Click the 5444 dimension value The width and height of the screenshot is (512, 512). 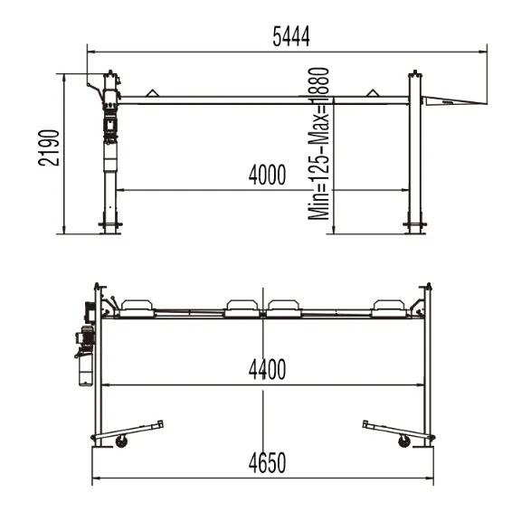[x=291, y=36]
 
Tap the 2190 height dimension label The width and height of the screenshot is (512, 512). [x=50, y=148]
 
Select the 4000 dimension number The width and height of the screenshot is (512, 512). [x=267, y=175]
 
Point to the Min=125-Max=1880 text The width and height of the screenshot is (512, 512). [x=318, y=144]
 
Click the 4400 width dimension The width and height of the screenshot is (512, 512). [x=267, y=370]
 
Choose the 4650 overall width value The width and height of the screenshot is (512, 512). [x=267, y=462]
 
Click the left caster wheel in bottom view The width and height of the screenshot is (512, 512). [x=121, y=441]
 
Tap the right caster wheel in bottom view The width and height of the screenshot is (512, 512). [x=404, y=441]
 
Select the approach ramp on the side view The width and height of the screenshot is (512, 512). [x=454, y=100]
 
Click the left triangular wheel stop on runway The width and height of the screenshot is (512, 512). [x=151, y=93]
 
